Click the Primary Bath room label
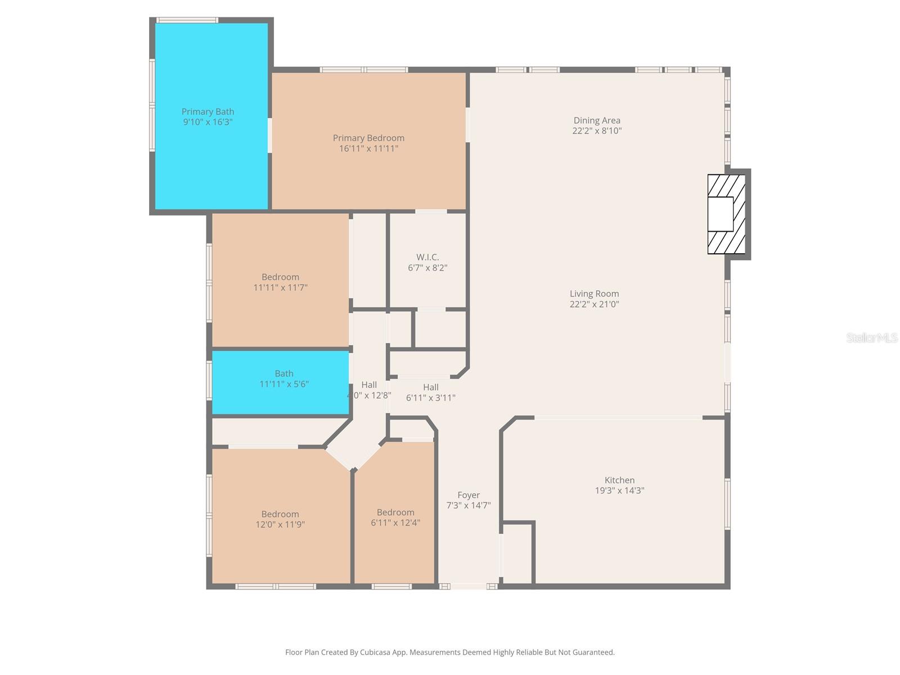click(208, 112)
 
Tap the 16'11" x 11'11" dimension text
click(368, 148)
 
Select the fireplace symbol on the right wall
click(726, 214)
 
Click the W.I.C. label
click(427, 257)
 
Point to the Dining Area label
click(597, 120)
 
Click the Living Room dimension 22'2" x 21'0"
click(594, 304)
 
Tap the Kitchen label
click(619, 480)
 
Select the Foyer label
click(468, 495)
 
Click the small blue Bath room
click(280, 382)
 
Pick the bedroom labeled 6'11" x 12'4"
click(395, 517)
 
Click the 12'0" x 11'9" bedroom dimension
click(280, 524)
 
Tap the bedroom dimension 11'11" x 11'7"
click(280, 287)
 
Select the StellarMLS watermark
click(871, 337)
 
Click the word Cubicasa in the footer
click(363, 652)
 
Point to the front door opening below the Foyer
click(469, 586)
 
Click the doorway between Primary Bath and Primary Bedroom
click(270, 135)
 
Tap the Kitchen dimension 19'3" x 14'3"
click(619, 490)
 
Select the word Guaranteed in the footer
click(593, 652)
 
